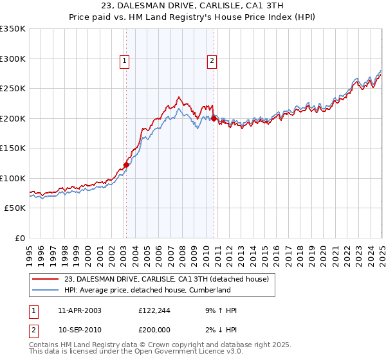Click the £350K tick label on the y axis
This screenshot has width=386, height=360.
[13, 29]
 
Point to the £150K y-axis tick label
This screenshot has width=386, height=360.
[13, 148]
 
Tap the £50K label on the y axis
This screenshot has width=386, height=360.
[15, 208]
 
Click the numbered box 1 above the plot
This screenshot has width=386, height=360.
[125, 62]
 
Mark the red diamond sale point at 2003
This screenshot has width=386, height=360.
[126, 165]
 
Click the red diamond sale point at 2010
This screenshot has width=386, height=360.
[214, 118]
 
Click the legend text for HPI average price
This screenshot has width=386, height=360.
[147, 290]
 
